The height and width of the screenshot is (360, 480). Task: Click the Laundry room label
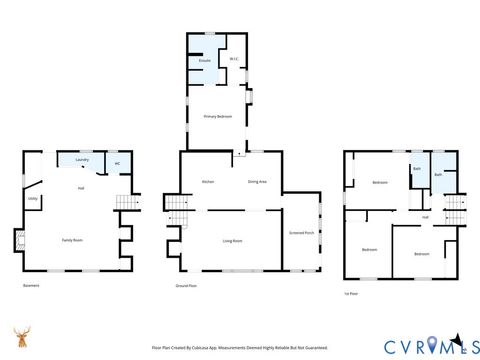coord(83,160)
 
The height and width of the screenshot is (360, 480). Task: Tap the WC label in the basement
coord(117,163)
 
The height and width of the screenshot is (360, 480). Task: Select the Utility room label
coord(32,198)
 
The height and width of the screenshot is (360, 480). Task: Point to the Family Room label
coord(72,240)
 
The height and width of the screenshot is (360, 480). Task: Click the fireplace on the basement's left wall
coord(18,241)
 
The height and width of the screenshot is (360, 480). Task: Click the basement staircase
coord(125,203)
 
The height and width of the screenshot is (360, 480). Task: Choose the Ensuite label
coord(204,61)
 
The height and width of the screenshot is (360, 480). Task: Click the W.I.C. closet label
coord(233,60)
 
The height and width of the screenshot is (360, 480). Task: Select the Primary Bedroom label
coord(218,117)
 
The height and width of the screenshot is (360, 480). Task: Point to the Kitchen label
coord(208,181)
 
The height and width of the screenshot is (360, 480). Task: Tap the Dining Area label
coord(257,181)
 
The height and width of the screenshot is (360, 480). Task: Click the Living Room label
coord(233,240)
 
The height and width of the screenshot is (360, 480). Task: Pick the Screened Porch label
coord(301,233)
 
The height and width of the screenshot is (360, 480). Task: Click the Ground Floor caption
coord(185,285)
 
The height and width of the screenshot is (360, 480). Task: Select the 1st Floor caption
coord(351,294)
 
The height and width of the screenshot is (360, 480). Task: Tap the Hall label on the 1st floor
coord(425,217)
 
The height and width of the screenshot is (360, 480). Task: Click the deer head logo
coord(21,337)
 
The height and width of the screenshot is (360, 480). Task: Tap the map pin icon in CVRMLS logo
coord(432,346)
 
